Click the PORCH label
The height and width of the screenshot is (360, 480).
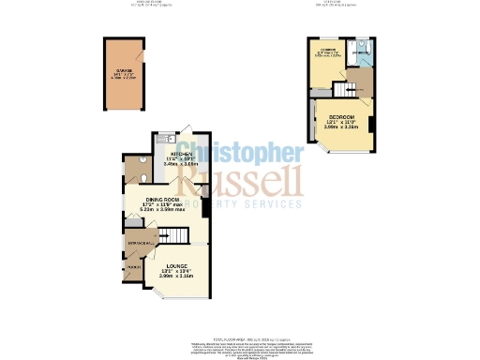[x=133, y=268]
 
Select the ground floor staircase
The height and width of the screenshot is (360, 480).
[x=175, y=236]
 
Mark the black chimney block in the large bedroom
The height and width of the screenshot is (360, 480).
[x=372, y=124]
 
